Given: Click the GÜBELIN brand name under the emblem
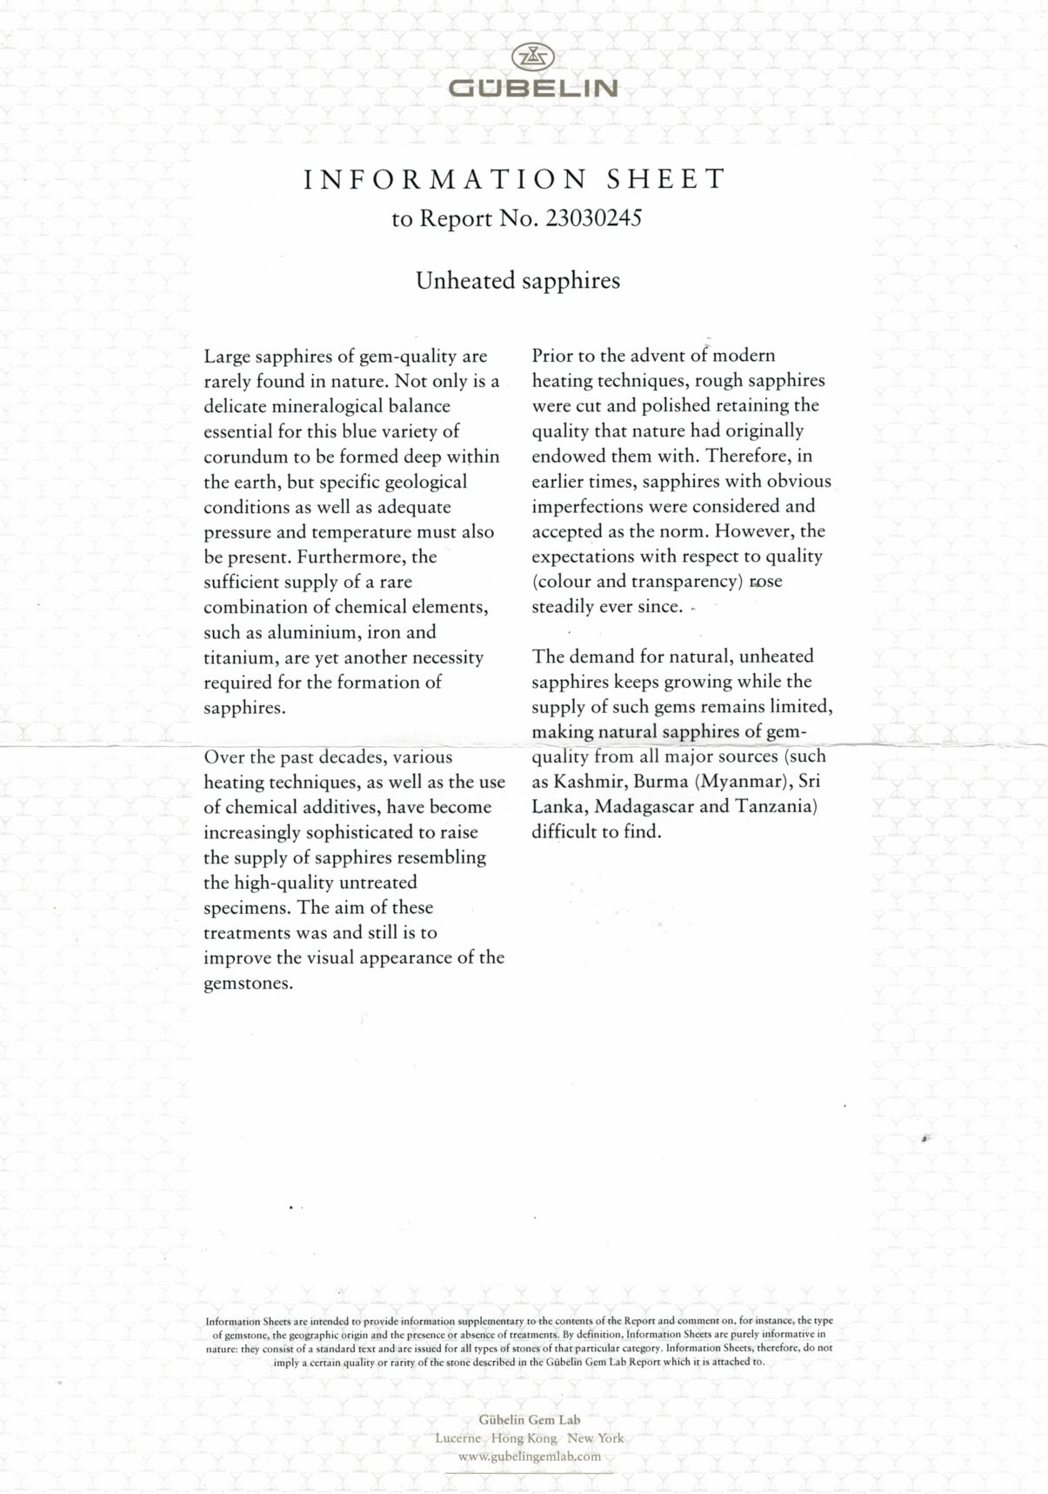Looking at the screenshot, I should click(x=532, y=89).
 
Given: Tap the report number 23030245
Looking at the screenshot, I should click(x=593, y=218).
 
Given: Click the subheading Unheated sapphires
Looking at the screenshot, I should click(x=517, y=281).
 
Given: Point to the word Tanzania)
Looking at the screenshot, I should click(x=777, y=806).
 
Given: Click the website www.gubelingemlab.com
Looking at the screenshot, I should click(x=529, y=1457).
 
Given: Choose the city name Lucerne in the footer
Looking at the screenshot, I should click(x=457, y=1438).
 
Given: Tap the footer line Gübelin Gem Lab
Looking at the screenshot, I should click(x=529, y=1420).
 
